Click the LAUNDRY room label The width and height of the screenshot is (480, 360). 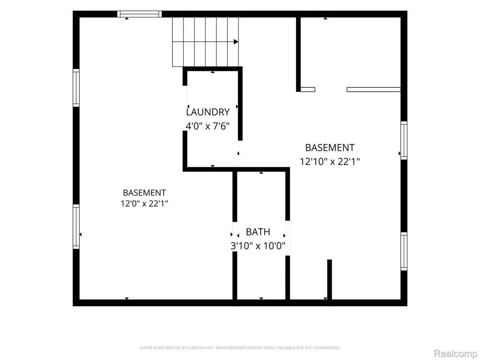208,112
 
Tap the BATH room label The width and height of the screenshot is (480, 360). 258,232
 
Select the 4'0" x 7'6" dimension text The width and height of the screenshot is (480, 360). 207,126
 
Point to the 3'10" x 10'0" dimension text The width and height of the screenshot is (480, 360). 258,245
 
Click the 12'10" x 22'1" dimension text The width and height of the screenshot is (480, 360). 330,161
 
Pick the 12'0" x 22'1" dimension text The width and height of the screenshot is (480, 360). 144,203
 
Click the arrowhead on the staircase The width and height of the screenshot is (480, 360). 236,42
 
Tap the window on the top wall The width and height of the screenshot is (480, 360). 140,14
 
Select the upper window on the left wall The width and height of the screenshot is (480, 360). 76,88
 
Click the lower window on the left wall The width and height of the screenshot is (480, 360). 76,227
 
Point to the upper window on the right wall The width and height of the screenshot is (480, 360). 404,141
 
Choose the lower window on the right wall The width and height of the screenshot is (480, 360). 404,252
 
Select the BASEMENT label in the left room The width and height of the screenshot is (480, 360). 144,192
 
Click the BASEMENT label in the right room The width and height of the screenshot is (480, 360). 330,147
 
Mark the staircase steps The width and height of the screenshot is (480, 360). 205,42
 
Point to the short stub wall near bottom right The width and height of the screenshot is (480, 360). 329,279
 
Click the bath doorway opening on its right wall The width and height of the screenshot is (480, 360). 288,238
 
